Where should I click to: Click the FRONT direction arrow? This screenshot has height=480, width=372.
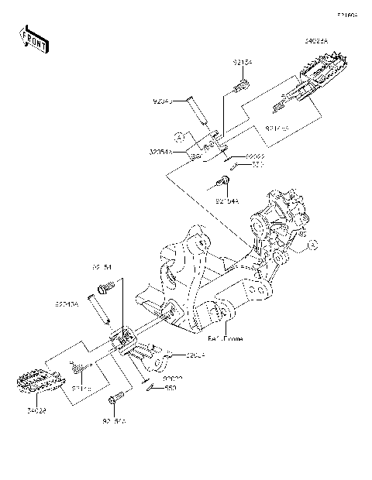[34, 39]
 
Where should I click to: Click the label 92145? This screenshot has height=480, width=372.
[83, 388]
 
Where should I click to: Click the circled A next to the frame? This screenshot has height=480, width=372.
[312, 245]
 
